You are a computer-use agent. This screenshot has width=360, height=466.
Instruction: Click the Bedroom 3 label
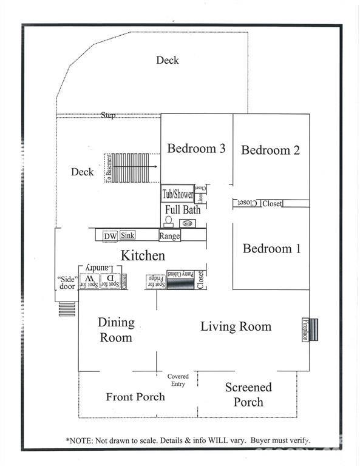pyautogui.click(x=197, y=148)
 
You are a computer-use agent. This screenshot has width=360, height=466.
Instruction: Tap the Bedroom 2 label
pyautogui.click(x=270, y=150)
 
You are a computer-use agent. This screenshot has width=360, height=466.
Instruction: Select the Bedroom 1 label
pyautogui.click(x=271, y=248)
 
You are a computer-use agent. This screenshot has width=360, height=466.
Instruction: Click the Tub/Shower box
pyautogui.click(x=177, y=195)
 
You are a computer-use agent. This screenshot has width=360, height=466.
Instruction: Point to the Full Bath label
pyautogui.click(x=183, y=209)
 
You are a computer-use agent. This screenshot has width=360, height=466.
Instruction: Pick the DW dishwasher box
pyautogui.click(x=110, y=236)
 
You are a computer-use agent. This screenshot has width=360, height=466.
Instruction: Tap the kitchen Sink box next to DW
pyautogui.click(x=127, y=235)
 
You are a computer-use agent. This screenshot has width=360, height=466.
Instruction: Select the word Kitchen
pyautogui.click(x=143, y=255)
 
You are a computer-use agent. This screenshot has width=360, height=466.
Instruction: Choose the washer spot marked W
pyautogui.click(x=90, y=280)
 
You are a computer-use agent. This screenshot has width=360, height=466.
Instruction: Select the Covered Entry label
pyautogui.click(x=178, y=380)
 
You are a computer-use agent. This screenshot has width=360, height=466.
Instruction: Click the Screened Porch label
pyautogui.click(x=248, y=394)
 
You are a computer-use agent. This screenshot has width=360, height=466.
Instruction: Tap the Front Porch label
pyautogui.click(x=135, y=397)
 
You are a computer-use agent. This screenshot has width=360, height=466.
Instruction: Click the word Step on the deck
pyautogui.click(x=108, y=115)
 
